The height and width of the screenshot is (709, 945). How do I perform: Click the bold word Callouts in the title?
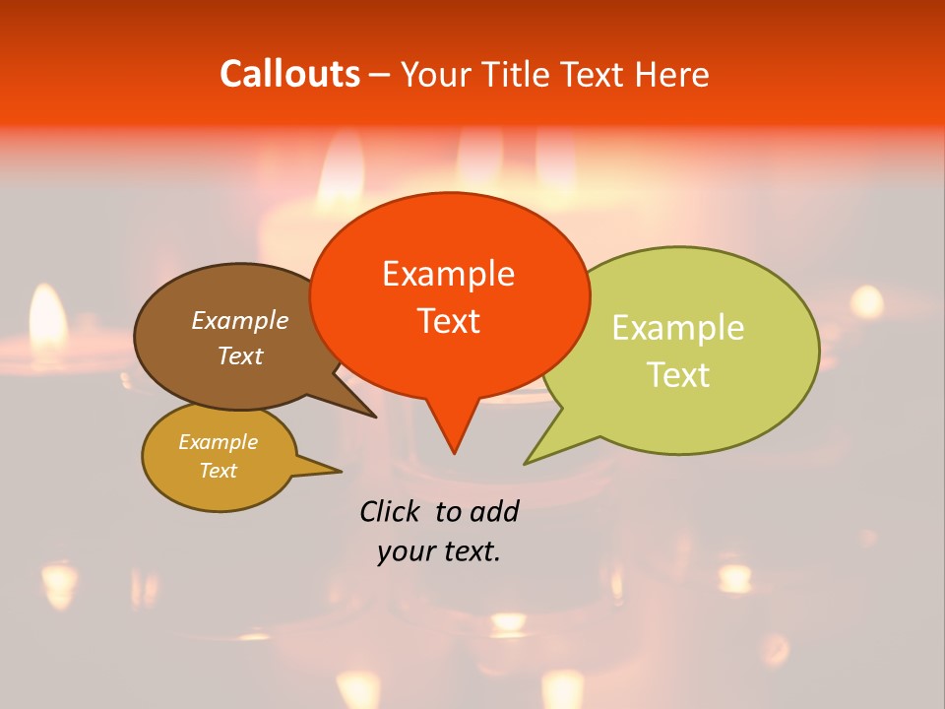[x=289, y=74]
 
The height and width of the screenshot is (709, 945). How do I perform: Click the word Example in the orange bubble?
[x=448, y=273]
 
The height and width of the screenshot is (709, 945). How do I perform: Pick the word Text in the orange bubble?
[x=448, y=320]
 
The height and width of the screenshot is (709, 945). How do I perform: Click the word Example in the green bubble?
[x=678, y=327]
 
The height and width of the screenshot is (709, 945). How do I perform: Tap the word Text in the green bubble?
[x=678, y=374]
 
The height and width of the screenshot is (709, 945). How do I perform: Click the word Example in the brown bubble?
[x=239, y=320]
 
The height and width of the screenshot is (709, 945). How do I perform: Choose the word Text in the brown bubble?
[x=239, y=355]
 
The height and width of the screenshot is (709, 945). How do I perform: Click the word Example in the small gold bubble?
[x=218, y=442]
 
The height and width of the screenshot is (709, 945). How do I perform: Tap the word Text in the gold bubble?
[x=218, y=471]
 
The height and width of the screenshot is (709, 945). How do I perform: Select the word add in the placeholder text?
[x=494, y=511]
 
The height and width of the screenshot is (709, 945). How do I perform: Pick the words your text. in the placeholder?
[x=439, y=551]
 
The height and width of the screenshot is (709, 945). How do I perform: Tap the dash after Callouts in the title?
[x=380, y=75]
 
